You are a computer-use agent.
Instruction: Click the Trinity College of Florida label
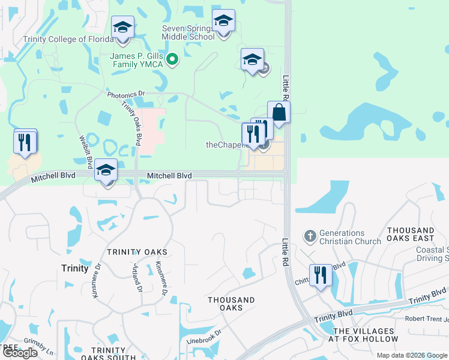(x=68, y=40)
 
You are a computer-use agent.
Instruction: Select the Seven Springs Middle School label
(x=188, y=32)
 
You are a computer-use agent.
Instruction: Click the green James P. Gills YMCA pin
(x=172, y=59)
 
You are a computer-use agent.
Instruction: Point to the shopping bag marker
(x=279, y=113)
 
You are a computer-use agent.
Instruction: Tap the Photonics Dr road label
(x=126, y=94)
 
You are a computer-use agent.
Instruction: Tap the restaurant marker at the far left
(x=25, y=143)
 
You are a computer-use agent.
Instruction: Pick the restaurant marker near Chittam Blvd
(x=321, y=276)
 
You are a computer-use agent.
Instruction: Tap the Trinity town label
(x=75, y=268)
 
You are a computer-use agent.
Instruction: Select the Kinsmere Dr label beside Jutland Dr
(x=160, y=280)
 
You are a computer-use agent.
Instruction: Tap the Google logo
(x=20, y=353)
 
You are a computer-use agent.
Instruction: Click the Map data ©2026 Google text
(x=412, y=355)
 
